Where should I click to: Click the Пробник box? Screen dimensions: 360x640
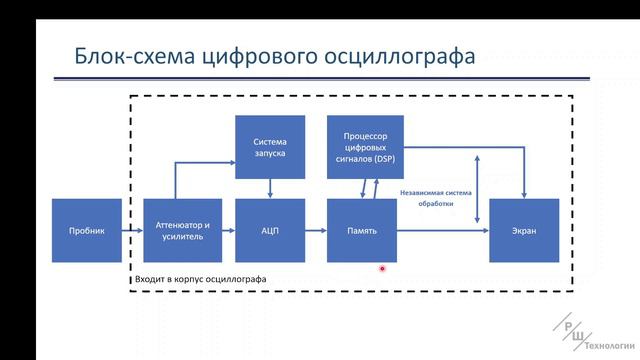click(87, 231)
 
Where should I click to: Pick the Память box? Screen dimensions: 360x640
click(362, 231)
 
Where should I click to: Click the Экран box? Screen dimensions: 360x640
click(524, 231)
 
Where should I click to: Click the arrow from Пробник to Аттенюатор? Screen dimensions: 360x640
click(133, 231)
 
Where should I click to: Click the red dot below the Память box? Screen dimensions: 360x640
click(382, 268)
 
